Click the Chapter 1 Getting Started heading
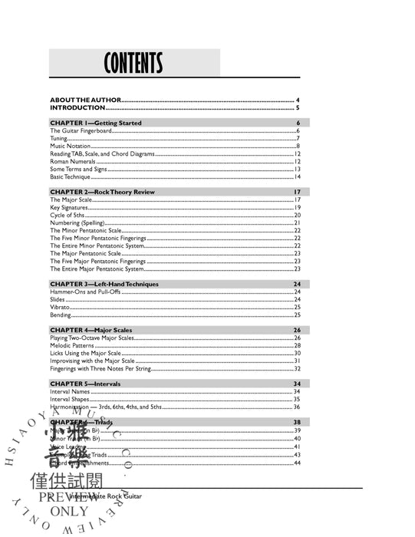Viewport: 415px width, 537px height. pos(96,123)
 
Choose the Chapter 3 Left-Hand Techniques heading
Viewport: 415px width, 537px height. pos(104,284)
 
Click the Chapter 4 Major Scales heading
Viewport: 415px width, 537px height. pos(91,330)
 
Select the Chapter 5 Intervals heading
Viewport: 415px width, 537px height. pos(85,383)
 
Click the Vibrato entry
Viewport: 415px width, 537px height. pos(61,307)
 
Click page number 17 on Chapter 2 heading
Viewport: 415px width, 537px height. pos(296,191)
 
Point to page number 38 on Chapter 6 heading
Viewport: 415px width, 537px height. pos(296,422)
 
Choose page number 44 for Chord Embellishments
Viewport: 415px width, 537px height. pos(296,463)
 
